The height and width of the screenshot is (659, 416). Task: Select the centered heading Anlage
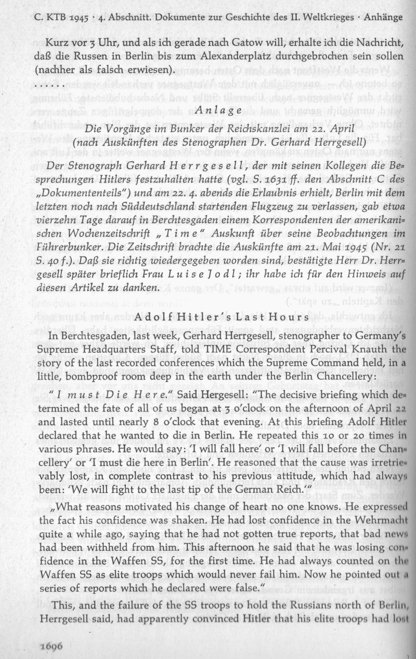tap(218, 110)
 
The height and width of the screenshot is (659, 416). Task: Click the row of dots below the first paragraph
tap(48, 82)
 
